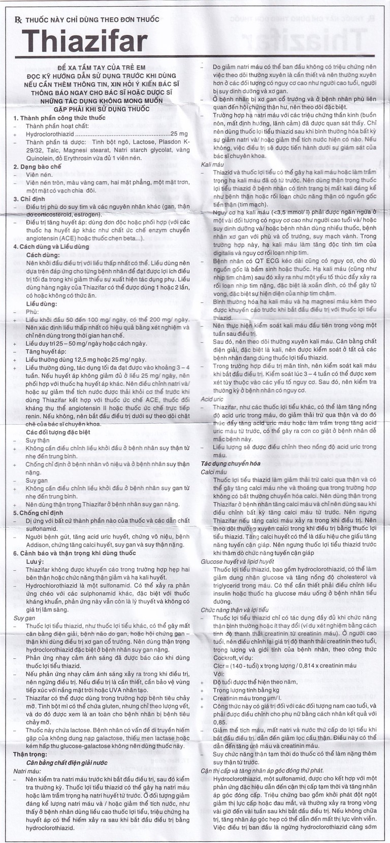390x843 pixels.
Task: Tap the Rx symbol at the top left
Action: [x=18, y=19]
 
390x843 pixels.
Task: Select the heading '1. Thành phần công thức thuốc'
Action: [x=59, y=118]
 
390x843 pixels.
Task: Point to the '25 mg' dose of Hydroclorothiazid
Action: [x=179, y=133]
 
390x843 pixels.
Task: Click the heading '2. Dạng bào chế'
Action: [x=37, y=166]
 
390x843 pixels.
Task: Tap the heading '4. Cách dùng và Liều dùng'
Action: [x=51, y=247]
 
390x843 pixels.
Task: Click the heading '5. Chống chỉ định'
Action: [x=38, y=513]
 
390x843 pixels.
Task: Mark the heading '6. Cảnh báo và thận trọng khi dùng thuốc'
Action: [x=75, y=553]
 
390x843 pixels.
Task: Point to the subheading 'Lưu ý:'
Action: [x=35, y=562]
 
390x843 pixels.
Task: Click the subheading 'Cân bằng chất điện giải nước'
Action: [x=67, y=763]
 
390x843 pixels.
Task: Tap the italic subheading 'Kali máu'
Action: [x=212, y=164]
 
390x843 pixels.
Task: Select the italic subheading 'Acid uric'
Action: [x=212, y=399]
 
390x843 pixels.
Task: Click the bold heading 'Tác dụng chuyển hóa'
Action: [x=230, y=464]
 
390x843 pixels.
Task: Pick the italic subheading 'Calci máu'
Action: [x=214, y=472]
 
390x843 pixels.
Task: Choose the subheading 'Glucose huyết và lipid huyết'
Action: [x=237, y=561]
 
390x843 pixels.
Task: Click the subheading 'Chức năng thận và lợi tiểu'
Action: [x=234, y=610]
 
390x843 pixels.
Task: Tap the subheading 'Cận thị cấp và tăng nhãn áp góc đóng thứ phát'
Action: [x=262, y=770]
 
